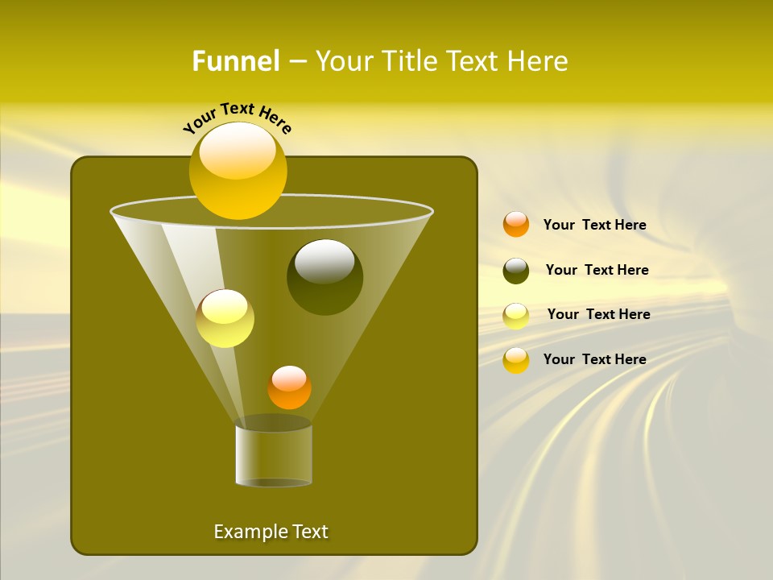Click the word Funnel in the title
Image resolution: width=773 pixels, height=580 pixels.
click(x=235, y=61)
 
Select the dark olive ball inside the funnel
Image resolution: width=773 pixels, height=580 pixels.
click(x=324, y=277)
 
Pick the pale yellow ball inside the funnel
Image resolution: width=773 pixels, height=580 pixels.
click(x=225, y=318)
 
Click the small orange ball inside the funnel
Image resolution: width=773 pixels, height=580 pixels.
click(x=289, y=387)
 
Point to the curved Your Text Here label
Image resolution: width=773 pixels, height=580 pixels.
click(x=237, y=118)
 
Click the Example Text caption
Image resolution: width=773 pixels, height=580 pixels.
click(x=271, y=532)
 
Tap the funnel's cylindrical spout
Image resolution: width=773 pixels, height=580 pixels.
click(x=274, y=455)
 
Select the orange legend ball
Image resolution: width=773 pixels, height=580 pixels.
click(x=516, y=224)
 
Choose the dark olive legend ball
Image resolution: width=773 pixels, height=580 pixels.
click(x=516, y=271)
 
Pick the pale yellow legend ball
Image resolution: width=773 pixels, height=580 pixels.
click(x=516, y=316)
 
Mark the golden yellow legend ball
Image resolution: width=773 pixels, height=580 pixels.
click(x=516, y=360)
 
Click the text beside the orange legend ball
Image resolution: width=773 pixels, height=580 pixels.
click(x=594, y=225)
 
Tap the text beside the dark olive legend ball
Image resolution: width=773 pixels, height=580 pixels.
click(x=597, y=270)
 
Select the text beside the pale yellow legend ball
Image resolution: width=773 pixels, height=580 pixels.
click(x=598, y=314)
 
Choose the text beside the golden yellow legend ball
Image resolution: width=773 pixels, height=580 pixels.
click(x=594, y=359)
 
